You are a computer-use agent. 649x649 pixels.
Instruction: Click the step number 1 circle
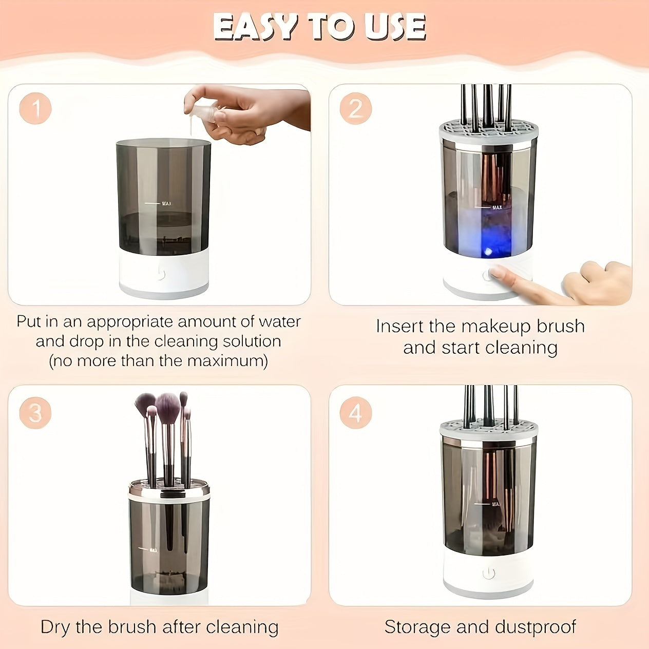click(x=36, y=109)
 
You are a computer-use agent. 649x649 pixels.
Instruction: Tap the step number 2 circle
click(x=355, y=109)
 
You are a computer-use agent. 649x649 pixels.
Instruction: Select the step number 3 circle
click(x=35, y=413)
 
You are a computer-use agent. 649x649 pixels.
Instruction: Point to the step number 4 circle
click(x=355, y=413)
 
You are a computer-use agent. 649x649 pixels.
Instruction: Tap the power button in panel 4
click(x=488, y=573)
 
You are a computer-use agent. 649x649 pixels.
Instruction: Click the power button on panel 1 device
click(x=160, y=274)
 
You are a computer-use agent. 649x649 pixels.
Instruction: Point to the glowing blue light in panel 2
click(x=488, y=251)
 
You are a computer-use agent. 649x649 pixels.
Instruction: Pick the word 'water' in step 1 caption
click(x=279, y=322)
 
